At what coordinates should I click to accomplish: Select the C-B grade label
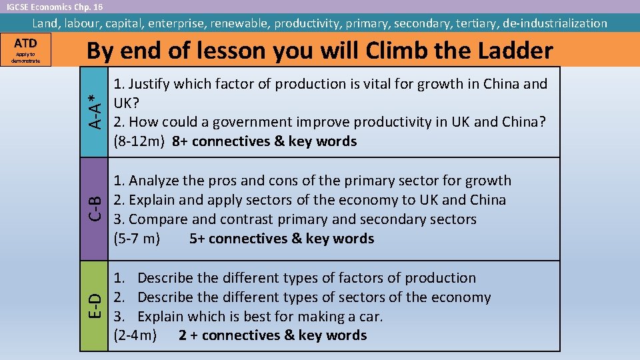click(x=96, y=209)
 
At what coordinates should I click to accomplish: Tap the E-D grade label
click(x=96, y=306)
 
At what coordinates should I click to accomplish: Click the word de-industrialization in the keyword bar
click(x=555, y=23)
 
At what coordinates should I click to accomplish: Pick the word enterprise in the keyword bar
click(x=177, y=23)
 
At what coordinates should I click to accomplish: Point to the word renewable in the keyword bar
click(x=239, y=23)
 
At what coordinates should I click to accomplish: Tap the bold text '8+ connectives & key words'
click(x=264, y=141)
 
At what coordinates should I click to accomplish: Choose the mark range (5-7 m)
click(x=137, y=239)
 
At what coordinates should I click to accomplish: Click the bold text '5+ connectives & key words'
click(x=281, y=239)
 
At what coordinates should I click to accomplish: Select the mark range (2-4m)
click(x=136, y=335)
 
